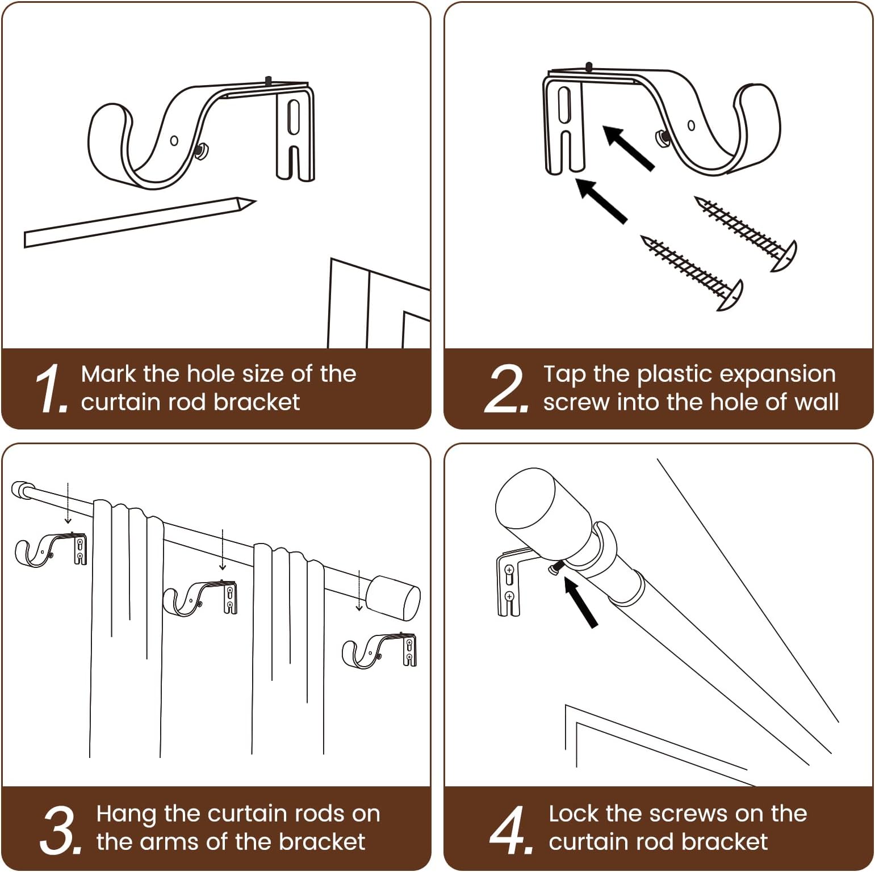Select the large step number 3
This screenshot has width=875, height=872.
[x=60, y=829]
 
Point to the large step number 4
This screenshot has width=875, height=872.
[x=510, y=829]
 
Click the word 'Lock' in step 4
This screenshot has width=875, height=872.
[x=573, y=814]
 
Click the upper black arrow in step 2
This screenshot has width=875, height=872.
[x=628, y=148]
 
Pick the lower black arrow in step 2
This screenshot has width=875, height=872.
[x=601, y=200]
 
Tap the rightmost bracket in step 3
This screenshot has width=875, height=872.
[x=379, y=650]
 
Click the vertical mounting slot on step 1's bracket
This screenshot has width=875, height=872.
[x=293, y=117]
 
